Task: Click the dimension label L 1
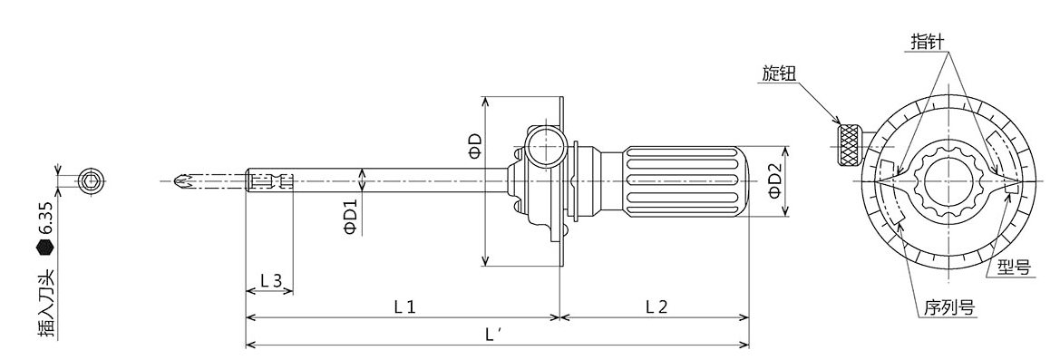tap(404, 306)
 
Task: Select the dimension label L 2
tap(656, 306)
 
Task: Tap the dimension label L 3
tap(269, 281)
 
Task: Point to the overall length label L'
tap(494, 335)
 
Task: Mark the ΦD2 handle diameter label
tap(773, 181)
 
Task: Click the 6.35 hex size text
tap(45, 218)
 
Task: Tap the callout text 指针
tap(927, 43)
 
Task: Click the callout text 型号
tap(1013, 267)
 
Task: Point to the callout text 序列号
tap(943, 306)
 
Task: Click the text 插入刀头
tap(45, 304)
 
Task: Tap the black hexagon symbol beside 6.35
tap(45, 245)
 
